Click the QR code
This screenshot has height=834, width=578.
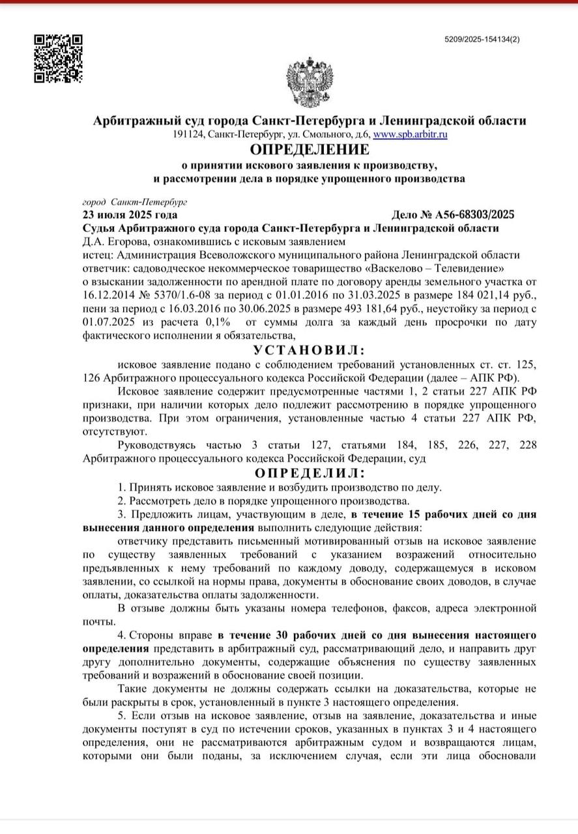point(58,58)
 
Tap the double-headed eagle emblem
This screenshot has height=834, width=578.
point(310,83)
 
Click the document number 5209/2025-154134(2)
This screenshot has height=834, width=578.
point(482,40)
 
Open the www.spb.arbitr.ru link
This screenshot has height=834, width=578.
point(409,134)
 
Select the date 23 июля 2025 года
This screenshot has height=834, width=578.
point(130,215)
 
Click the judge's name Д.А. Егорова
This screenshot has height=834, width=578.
point(112,242)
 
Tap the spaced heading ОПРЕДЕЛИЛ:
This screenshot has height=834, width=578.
point(310,473)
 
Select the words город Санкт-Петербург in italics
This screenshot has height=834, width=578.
point(135,202)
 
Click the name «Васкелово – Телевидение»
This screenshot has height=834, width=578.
point(444,268)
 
